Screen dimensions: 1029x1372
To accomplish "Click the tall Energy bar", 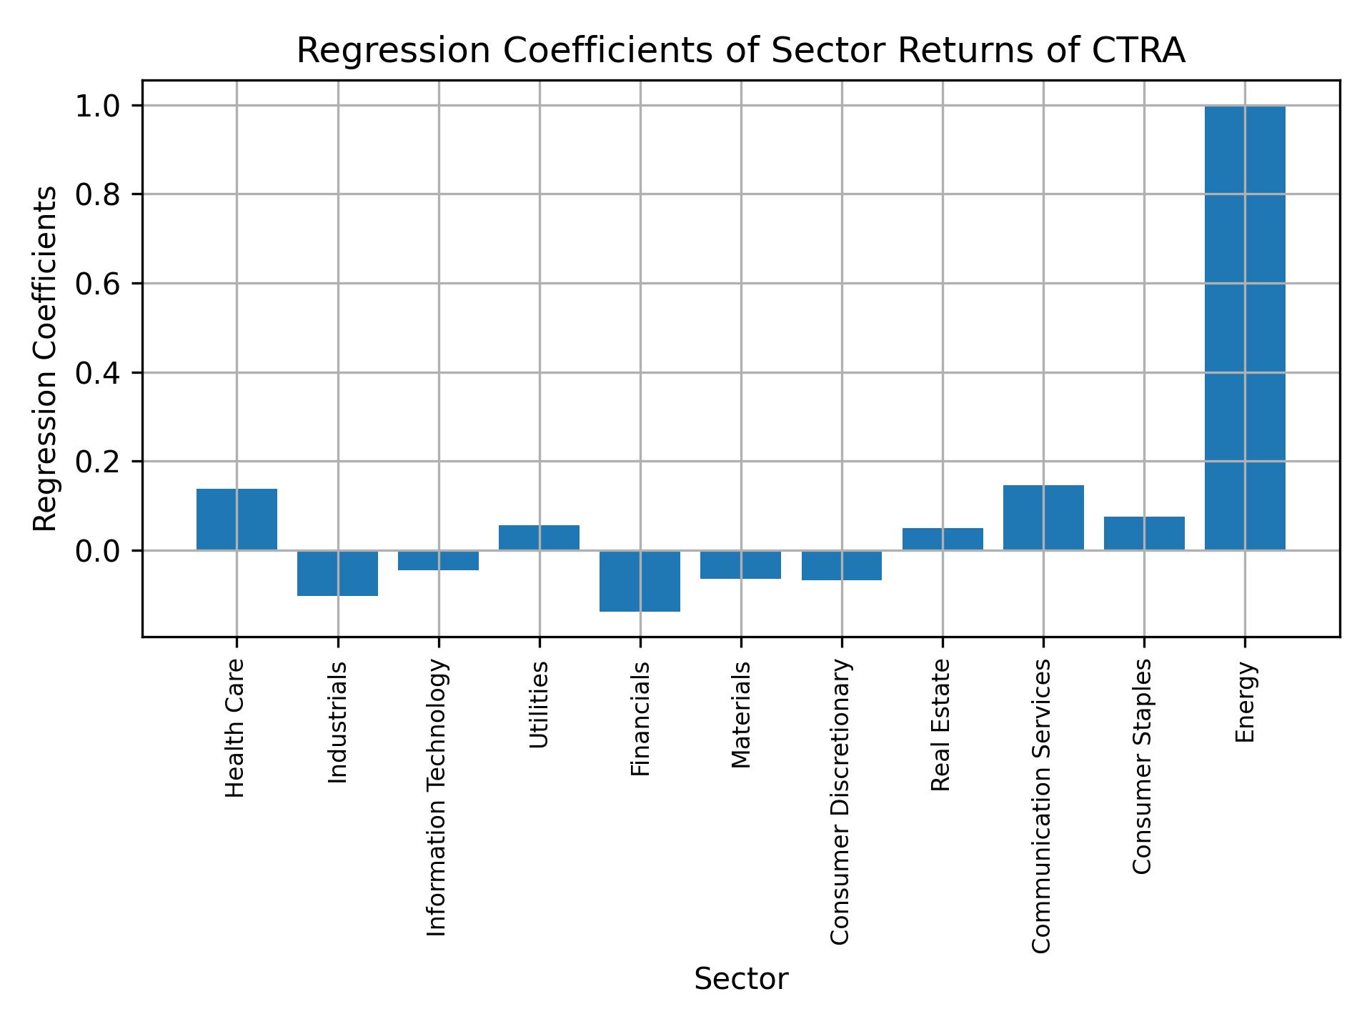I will pos(1245,329).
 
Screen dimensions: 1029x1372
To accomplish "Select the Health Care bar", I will pos(237,520).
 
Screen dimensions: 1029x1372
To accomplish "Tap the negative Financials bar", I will pos(640,581).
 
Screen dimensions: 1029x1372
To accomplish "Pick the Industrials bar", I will pos(337,573).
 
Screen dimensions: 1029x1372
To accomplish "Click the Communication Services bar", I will pos(1043,517).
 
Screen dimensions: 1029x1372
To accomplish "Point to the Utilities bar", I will pos(539,537).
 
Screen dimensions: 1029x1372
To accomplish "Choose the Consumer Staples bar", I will pos(1144,533).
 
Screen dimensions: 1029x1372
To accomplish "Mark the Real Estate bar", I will pos(943,539).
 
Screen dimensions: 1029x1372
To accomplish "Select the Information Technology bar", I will pos(438,560).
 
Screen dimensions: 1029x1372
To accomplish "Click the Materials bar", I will pos(740,565).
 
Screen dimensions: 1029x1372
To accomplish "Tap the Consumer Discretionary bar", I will pos(841,565).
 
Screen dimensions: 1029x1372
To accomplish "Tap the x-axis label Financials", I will pos(640,719).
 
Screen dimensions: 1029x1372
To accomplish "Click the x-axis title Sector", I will pos(741,979).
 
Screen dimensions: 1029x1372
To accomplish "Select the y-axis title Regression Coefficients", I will pos(46,359).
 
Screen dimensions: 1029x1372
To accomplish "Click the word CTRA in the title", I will pos(1139,51).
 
